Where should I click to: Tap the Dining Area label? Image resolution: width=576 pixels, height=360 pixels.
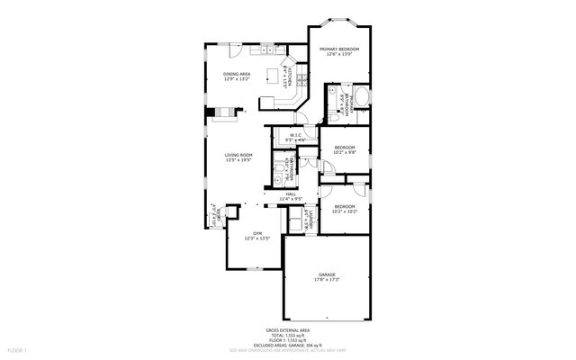tap(238, 76)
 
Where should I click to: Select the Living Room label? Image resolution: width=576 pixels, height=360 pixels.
tap(238, 157)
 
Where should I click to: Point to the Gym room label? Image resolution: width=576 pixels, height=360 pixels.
tap(257, 236)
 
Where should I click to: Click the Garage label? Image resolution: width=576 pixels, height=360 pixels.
tap(326, 277)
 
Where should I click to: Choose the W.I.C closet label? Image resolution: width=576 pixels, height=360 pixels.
tap(294, 138)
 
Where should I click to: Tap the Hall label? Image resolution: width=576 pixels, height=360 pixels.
tap(291, 195)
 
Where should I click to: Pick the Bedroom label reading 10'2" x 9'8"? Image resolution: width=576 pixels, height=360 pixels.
tap(344, 150)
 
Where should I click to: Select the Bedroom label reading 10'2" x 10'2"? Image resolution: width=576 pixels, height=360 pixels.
tap(344, 210)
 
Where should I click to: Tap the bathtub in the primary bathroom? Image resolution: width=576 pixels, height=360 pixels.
tap(362, 96)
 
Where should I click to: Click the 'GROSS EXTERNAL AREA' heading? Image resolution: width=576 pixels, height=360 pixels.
tap(288, 330)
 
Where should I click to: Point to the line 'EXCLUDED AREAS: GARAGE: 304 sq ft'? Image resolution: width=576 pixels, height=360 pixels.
tap(288, 344)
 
